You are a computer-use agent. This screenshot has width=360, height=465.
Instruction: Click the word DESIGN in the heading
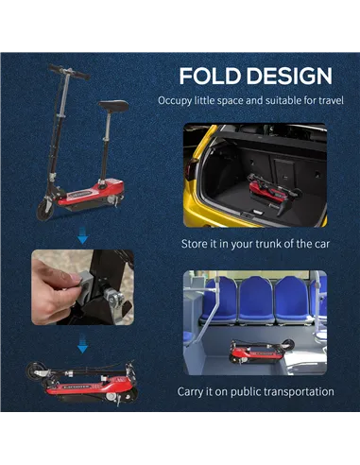[x=289, y=76]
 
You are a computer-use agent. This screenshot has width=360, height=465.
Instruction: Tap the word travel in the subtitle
[x=331, y=101]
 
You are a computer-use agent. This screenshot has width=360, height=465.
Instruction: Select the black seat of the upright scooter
[x=113, y=105]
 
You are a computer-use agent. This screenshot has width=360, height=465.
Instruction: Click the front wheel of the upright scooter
[x=45, y=209]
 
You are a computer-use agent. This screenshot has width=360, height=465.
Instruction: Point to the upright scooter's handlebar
[x=69, y=72]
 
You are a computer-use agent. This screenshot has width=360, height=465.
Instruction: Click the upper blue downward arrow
[x=82, y=237]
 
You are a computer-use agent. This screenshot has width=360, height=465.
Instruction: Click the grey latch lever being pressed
[x=87, y=284]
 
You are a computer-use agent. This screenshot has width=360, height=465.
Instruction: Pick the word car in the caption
[x=322, y=244]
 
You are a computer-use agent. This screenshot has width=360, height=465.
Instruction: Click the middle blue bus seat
[x=256, y=301]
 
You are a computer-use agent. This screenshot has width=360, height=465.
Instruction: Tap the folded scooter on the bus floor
[x=262, y=353]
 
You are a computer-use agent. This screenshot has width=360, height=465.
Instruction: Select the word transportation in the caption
[x=299, y=392]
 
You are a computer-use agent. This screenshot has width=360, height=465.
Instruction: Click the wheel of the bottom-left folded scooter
[x=34, y=371]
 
